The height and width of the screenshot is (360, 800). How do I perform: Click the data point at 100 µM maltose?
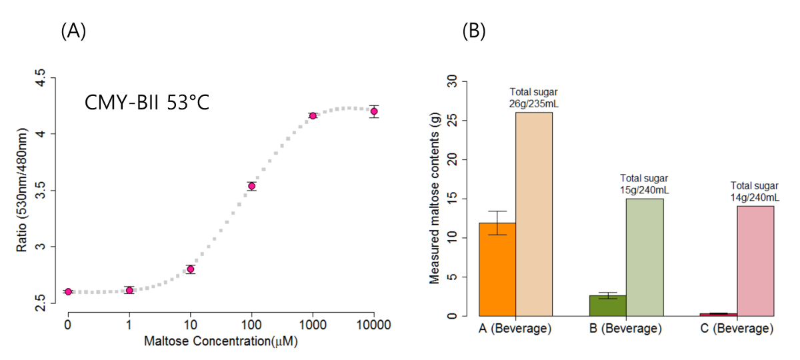(251, 186)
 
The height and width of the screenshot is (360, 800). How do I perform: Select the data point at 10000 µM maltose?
(374, 111)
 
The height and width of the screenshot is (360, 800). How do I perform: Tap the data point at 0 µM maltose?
(68, 291)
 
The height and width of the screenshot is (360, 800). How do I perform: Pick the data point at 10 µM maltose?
(191, 269)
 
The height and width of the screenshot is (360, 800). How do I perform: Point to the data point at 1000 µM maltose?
(313, 115)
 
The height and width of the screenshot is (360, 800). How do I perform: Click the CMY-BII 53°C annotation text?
(147, 103)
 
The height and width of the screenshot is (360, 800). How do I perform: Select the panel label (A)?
(73, 31)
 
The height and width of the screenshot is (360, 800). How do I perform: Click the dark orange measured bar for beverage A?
(497, 269)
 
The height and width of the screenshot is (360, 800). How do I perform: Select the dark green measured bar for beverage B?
(607, 305)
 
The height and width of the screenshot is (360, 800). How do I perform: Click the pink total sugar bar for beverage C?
(755, 261)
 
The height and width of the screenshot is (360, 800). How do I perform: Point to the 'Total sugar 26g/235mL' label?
(534, 97)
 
